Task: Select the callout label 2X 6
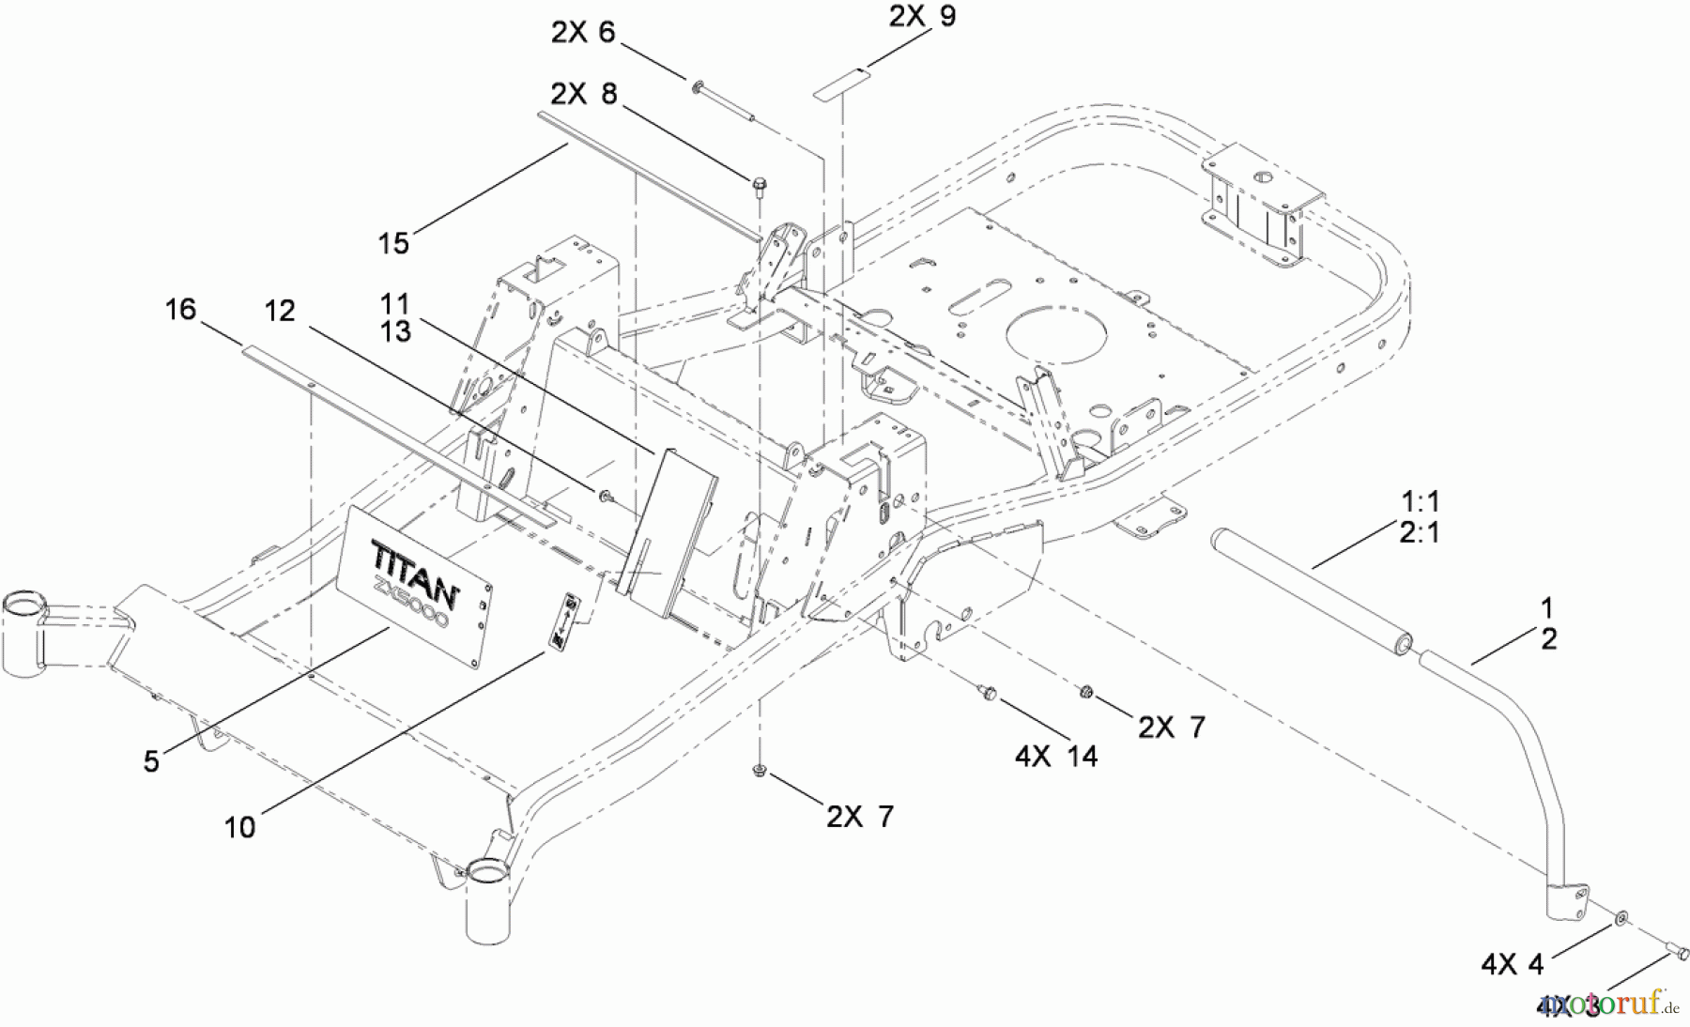pos(582,33)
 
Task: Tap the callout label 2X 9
pos(922,16)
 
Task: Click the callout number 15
pos(393,243)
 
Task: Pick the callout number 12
pos(280,311)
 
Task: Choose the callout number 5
pos(151,761)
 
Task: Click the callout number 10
pos(239,827)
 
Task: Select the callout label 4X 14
pos(1056,756)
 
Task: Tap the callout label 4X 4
pos(1512,964)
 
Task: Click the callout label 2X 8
pos(584,94)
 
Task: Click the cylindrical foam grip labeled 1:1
pos(1306,592)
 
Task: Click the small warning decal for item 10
pos(568,619)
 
